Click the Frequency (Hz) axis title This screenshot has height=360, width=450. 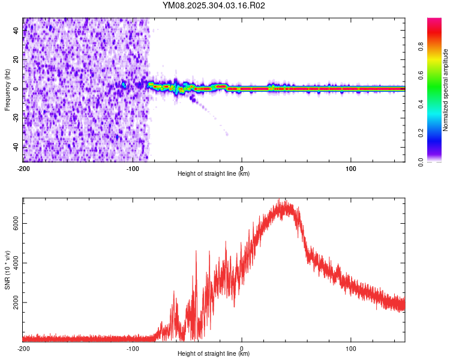click(x=7, y=89)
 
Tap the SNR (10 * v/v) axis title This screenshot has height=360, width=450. click(x=8, y=269)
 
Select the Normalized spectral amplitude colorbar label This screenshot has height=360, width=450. click(x=446, y=89)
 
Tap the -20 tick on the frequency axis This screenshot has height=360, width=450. click(x=17, y=118)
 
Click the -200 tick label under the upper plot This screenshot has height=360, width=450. click(x=23, y=168)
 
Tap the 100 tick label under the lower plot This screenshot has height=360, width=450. click(x=351, y=348)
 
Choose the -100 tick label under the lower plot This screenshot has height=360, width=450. click(x=132, y=348)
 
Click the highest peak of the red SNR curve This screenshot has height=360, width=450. click(x=286, y=200)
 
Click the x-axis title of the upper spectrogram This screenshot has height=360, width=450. click(x=214, y=174)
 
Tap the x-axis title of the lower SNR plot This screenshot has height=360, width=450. click(x=214, y=354)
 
